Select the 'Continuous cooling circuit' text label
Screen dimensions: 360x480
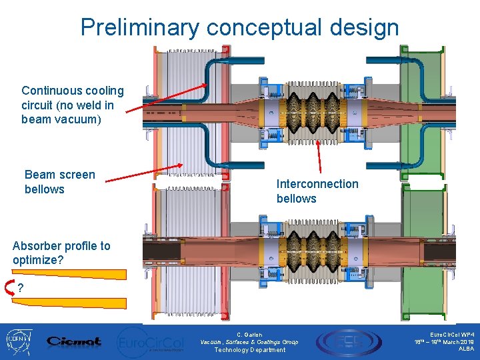pos(72,105)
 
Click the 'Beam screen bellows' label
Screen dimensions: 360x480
pos(59,182)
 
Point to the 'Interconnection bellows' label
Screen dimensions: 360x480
pos(317,191)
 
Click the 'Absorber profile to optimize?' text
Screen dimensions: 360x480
pos(61,253)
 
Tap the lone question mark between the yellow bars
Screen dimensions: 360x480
pos(22,288)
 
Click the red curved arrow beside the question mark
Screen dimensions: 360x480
pos(10,288)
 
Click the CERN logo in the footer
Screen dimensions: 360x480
pos(18,341)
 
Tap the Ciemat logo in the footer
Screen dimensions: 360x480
pos(74,341)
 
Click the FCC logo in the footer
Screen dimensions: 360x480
pos(340,341)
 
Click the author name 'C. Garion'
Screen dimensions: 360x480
pos(249,335)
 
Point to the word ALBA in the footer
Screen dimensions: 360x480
pos(466,349)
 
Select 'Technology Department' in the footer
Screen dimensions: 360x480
pos(249,350)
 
